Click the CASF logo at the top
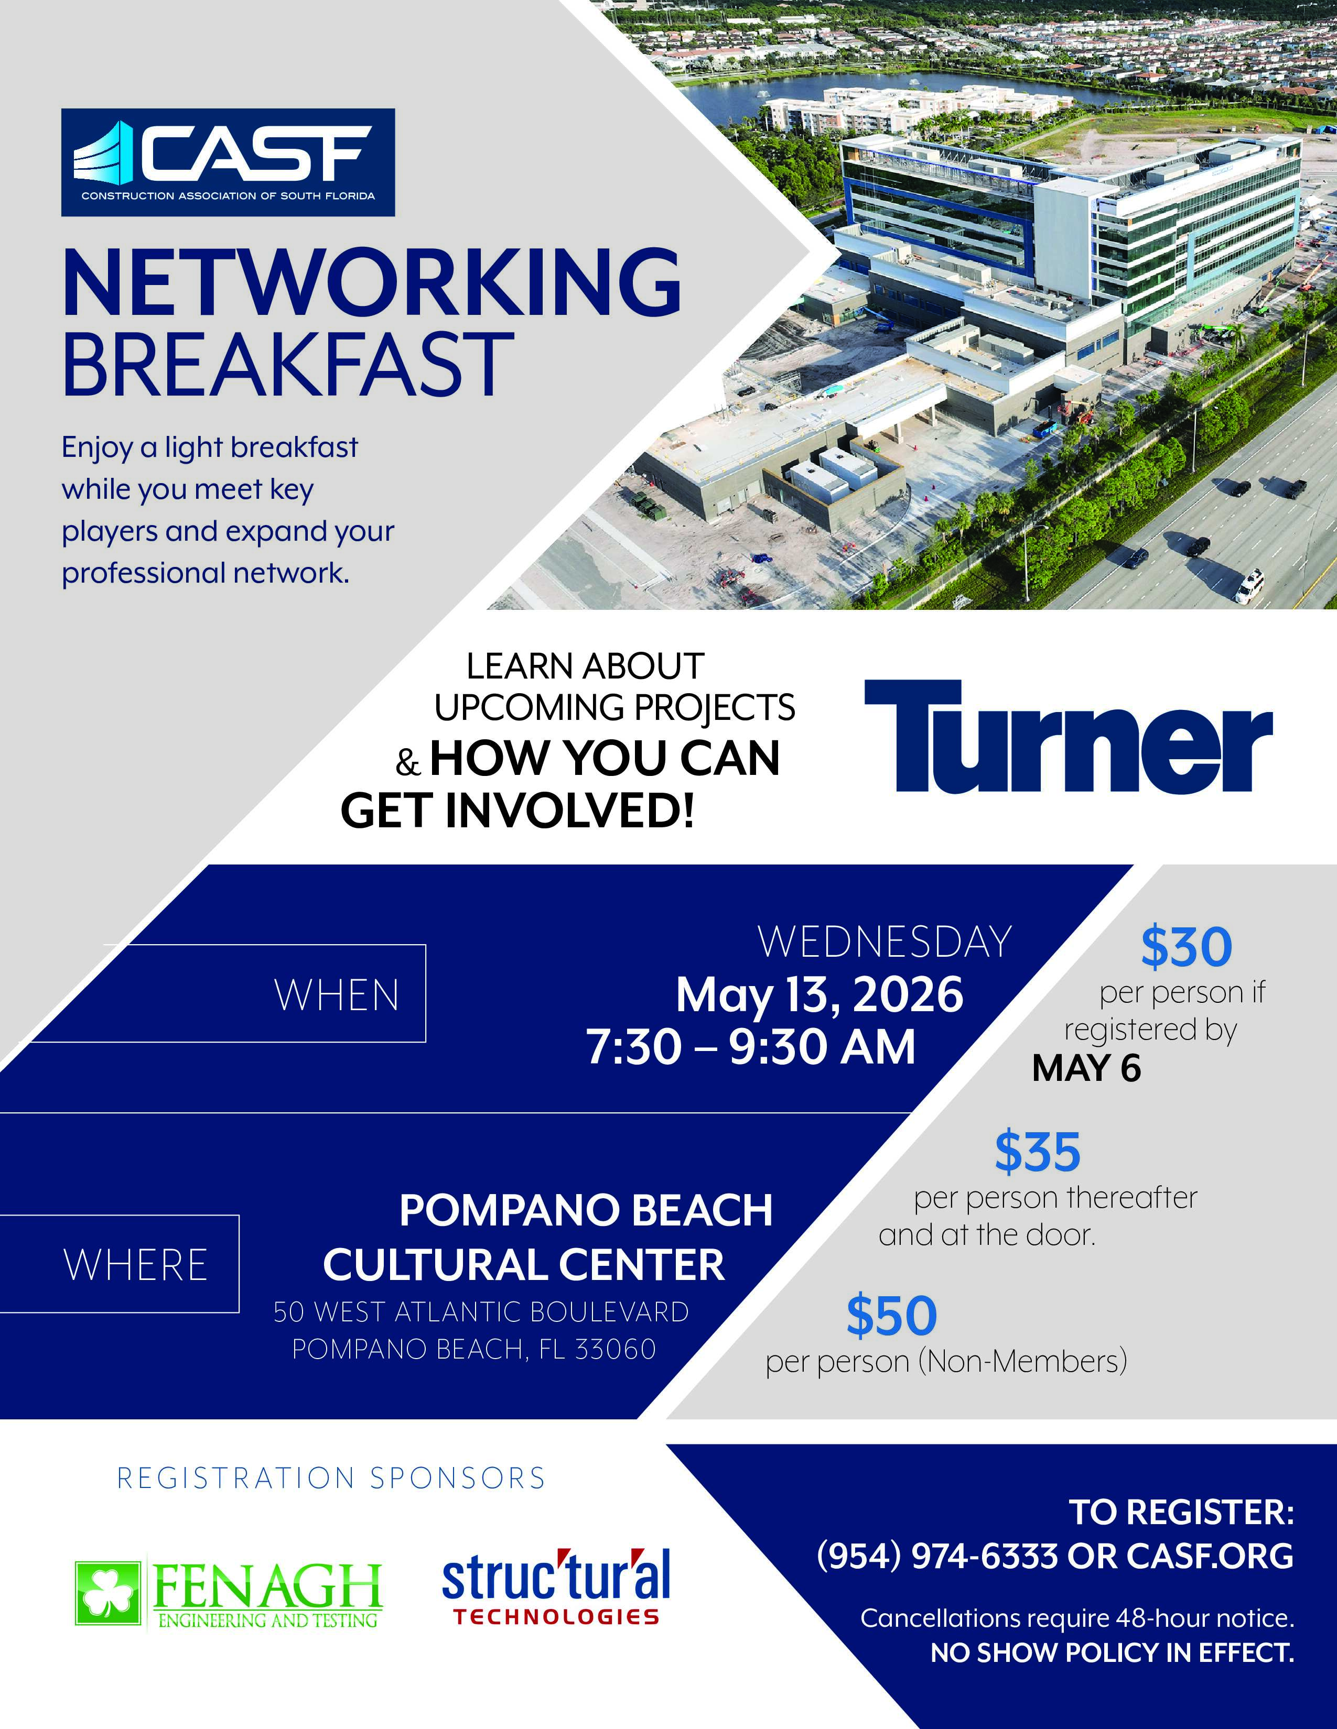pyautogui.click(x=228, y=162)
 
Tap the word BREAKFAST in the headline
pyautogui.click(x=288, y=364)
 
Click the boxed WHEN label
pyautogui.click(x=337, y=995)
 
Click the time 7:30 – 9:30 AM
pyautogui.click(x=751, y=1047)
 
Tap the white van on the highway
pyautogui.click(x=1250, y=585)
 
